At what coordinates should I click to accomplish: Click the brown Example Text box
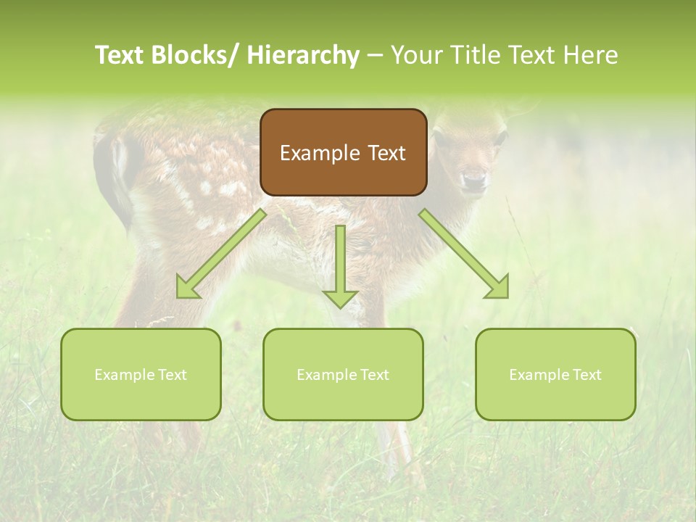343,152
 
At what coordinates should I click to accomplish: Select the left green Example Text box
141,374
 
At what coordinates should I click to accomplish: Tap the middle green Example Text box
343,374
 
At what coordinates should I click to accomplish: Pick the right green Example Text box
555,374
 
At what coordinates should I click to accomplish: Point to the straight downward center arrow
340,265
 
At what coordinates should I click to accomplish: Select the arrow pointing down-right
464,254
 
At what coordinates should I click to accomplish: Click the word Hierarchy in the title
303,55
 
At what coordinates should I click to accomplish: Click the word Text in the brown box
385,153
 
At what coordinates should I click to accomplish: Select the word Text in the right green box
586,375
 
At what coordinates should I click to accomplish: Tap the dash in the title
375,56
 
